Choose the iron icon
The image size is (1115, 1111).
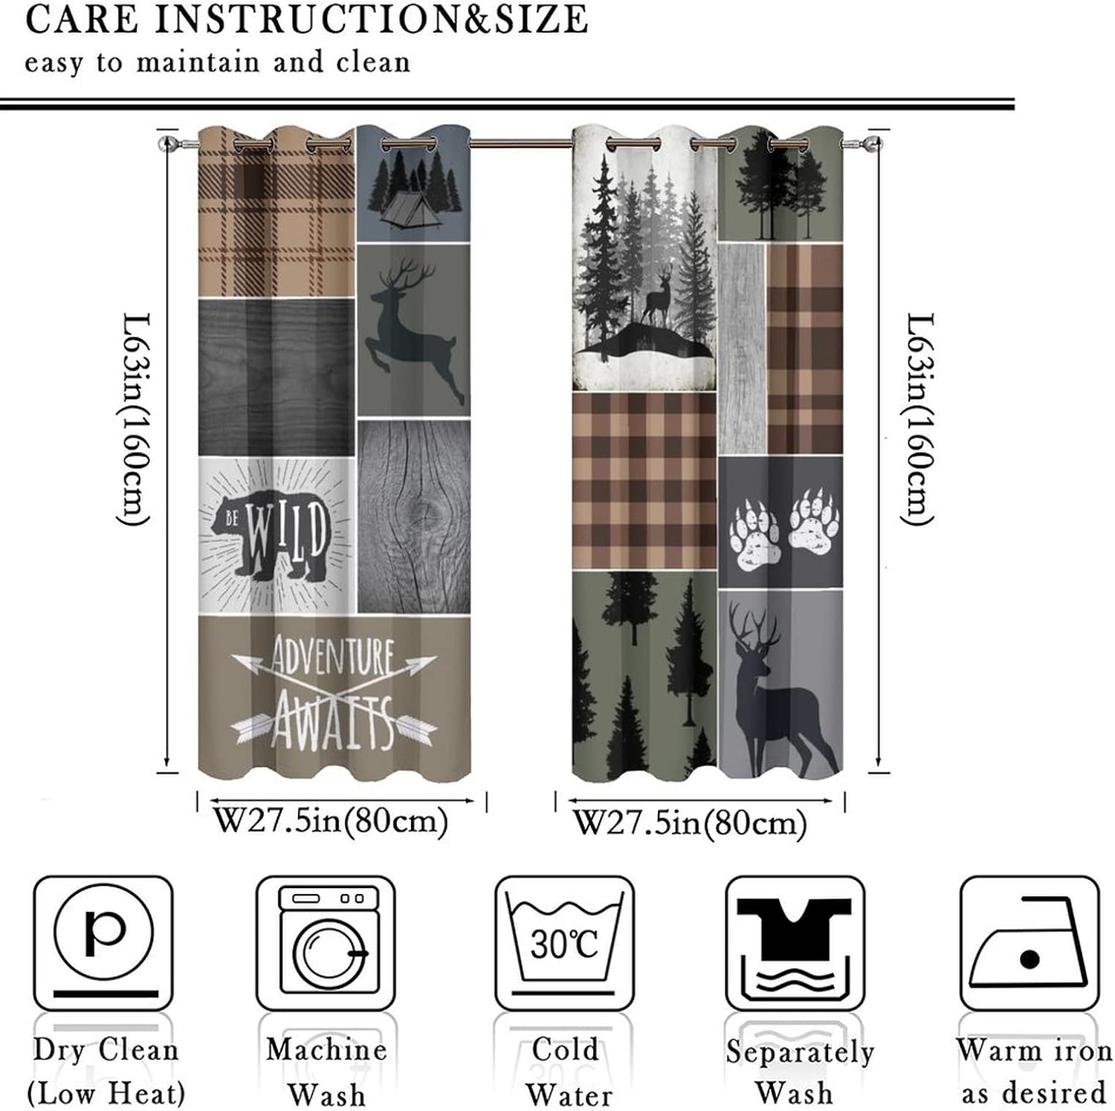[1029, 944]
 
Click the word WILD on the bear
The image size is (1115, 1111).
[287, 531]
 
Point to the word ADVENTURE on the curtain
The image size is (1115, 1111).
[332, 655]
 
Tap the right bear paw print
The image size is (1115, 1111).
[814, 525]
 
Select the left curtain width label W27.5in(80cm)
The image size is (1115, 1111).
[332, 822]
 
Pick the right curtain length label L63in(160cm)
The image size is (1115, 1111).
[920, 419]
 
